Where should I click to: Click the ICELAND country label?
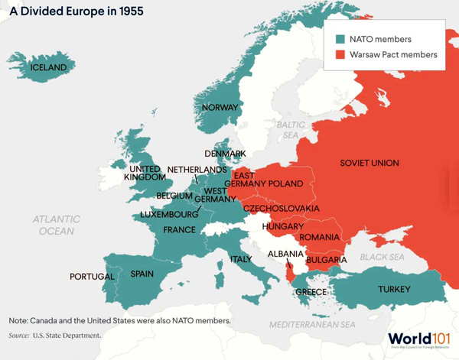pos(48,67)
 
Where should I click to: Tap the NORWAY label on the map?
pos(220,108)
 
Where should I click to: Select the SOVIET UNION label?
pos(369,164)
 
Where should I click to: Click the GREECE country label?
pos(311,292)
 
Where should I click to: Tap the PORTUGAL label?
pos(92,276)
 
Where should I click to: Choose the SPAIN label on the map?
pos(143,274)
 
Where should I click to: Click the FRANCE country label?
pos(179,229)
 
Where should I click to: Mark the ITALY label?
pos(241,259)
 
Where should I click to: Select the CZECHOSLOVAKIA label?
pos(281,208)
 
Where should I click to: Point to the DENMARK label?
pos(225,154)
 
